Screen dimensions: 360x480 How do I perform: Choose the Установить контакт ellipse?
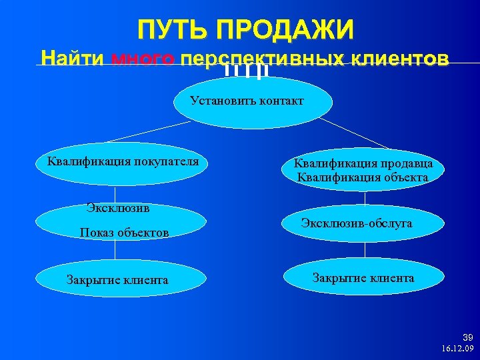click(x=247, y=102)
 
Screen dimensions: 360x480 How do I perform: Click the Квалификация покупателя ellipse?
click(x=122, y=162)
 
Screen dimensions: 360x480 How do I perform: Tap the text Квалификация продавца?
click(x=364, y=163)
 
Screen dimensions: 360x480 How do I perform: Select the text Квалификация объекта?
click(x=363, y=177)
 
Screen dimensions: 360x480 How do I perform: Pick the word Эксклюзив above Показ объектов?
click(x=118, y=207)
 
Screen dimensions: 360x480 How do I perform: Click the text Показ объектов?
click(x=124, y=233)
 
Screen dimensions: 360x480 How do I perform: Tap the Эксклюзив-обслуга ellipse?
click(x=356, y=224)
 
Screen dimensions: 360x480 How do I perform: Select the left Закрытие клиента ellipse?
click(x=117, y=279)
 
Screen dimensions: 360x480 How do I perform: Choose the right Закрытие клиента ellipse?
click(x=363, y=278)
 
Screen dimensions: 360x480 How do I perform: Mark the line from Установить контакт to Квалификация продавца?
click(x=354, y=133)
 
